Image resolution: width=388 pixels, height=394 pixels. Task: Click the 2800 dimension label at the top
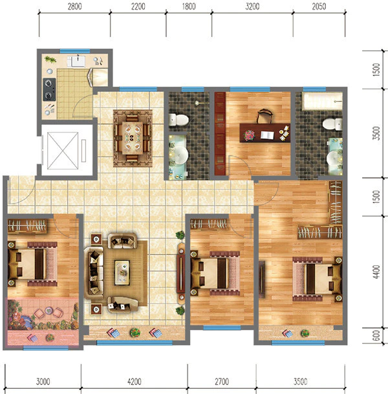tap(74, 6)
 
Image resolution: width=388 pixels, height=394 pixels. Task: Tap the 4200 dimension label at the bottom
tap(134, 382)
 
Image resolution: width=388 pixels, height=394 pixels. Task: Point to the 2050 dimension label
tap(319, 6)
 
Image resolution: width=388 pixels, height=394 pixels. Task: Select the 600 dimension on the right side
tap(376, 336)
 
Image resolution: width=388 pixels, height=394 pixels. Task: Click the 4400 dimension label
tap(376, 272)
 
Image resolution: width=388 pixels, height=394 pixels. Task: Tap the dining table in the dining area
tap(133, 138)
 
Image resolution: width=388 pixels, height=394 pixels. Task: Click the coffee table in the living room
tap(122, 272)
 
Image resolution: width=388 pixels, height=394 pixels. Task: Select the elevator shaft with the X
tap(63, 151)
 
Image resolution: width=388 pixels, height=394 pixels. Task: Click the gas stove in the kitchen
tap(49, 89)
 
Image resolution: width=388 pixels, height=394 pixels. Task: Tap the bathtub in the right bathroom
tap(323, 102)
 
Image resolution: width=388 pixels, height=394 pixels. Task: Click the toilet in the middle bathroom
tap(178, 120)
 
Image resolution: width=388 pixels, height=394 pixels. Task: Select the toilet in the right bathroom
tap(332, 124)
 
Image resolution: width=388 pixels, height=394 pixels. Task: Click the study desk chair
tap(264, 116)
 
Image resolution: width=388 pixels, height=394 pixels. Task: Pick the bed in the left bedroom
tap(32, 264)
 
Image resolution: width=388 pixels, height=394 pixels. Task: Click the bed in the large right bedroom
tap(318, 279)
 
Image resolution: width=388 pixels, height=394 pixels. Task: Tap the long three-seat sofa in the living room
tap(94, 273)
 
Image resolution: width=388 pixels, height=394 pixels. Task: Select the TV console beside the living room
tap(181, 272)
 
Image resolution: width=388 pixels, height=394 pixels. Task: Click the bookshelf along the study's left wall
tap(220, 133)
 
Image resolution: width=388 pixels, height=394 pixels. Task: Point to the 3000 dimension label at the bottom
tap(43, 382)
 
